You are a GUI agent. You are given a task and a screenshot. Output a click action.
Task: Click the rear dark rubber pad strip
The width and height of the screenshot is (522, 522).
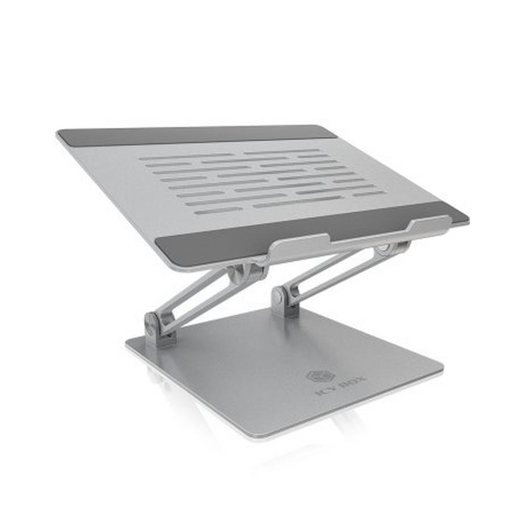point(196,134)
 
